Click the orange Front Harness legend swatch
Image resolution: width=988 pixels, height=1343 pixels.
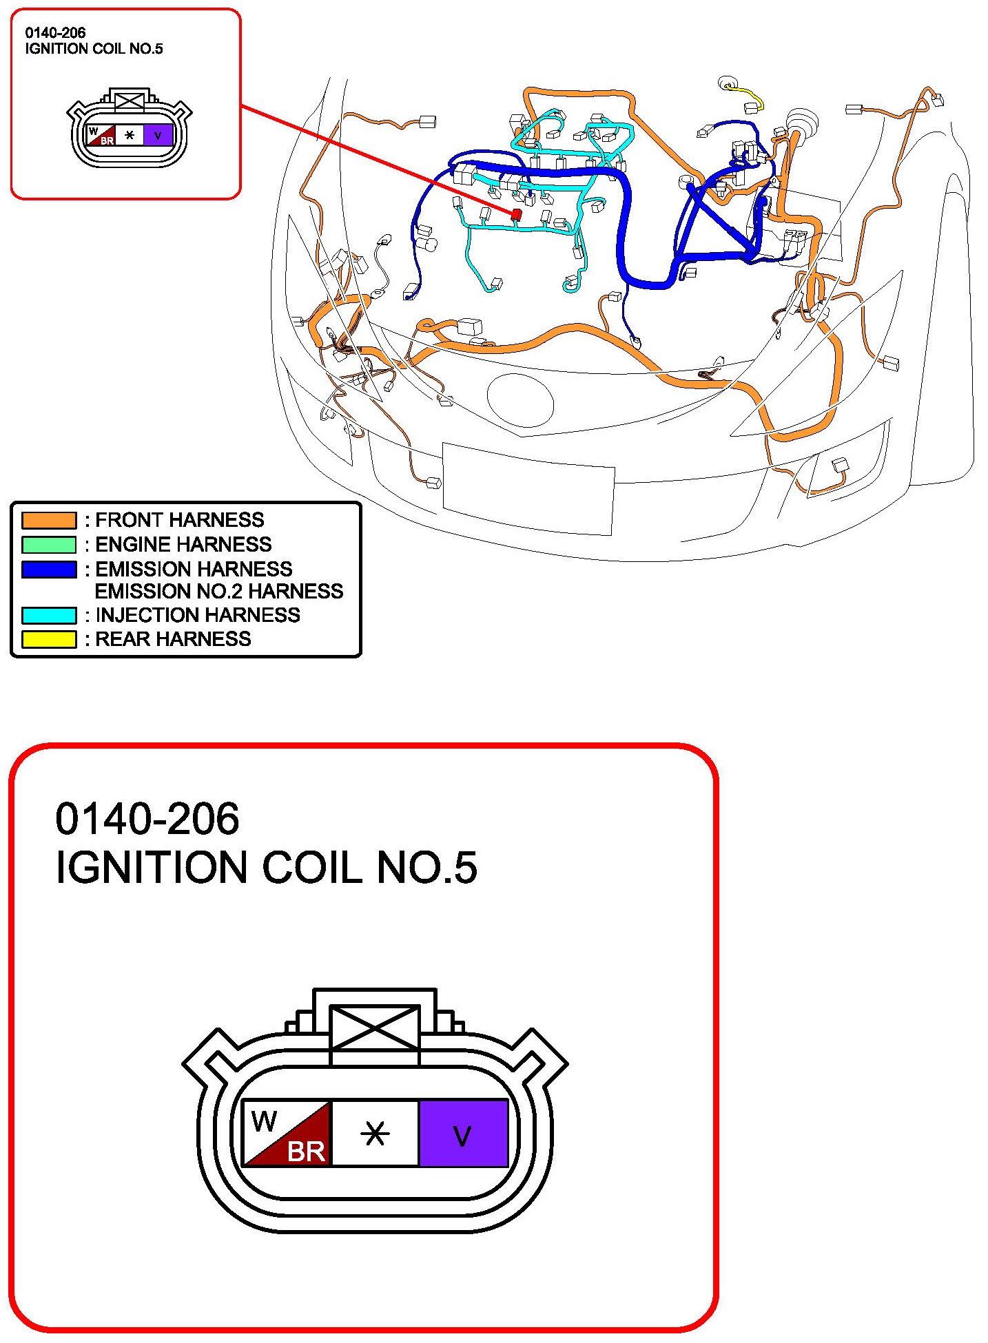click(x=48, y=520)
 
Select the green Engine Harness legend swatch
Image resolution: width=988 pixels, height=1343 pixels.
click(x=48, y=545)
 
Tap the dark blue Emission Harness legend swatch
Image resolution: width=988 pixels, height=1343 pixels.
click(x=48, y=570)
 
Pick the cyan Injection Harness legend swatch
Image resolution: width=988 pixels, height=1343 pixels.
click(x=48, y=615)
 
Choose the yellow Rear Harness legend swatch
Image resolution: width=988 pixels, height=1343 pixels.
click(x=48, y=639)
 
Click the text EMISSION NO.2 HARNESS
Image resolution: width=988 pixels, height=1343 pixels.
click(x=218, y=592)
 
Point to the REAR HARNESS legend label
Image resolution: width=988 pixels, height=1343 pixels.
click(x=173, y=639)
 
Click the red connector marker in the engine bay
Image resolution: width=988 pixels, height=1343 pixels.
click(x=516, y=214)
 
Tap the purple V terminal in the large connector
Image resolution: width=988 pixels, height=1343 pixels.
click(x=463, y=1133)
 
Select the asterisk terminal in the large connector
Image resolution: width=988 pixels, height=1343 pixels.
click(x=375, y=1133)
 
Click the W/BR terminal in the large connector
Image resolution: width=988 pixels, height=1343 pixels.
click(x=288, y=1133)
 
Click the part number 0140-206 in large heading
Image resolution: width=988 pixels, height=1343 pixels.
click(x=147, y=819)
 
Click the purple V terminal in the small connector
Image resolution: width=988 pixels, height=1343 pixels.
click(x=158, y=135)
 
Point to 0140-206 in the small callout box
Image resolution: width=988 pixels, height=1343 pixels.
click(x=55, y=32)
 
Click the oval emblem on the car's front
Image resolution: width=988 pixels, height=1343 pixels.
click(x=520, y=400)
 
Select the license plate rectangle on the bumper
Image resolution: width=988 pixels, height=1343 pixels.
click(x=528, y=488)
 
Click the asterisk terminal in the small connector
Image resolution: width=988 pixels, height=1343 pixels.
click(x=130, y=135)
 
